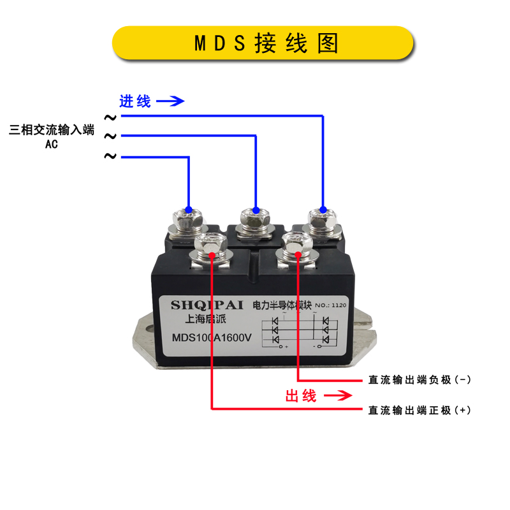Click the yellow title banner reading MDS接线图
point(263,43)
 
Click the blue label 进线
point(135,101)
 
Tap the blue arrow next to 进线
point(170,101)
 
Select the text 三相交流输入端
point(52,131)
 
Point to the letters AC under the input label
point(52,144)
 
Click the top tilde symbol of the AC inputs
point(110,117)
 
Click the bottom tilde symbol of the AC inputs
point(110,157)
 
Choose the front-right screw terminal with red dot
point(297,245)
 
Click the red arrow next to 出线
point(339,396)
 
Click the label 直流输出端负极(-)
point(419,380)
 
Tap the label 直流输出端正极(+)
point(419,410)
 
